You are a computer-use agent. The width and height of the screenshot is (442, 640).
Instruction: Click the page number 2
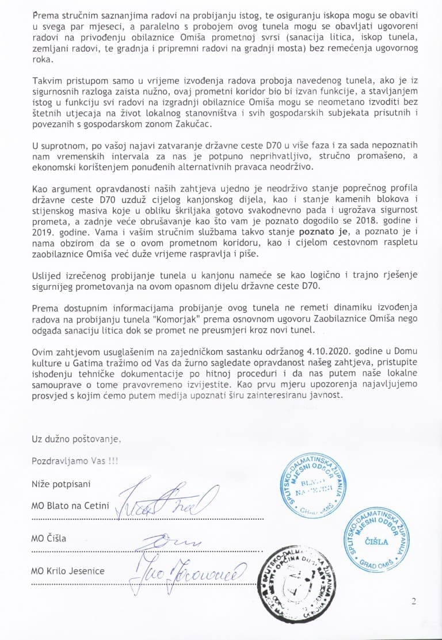point(414,602)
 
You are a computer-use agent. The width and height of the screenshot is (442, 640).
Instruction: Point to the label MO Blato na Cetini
point(70,506)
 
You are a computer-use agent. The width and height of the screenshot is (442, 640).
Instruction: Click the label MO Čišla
point(49,539)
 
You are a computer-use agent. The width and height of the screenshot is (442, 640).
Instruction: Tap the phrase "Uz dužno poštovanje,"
point(77,439)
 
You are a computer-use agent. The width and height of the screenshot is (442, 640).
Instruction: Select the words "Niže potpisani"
point(60,484)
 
